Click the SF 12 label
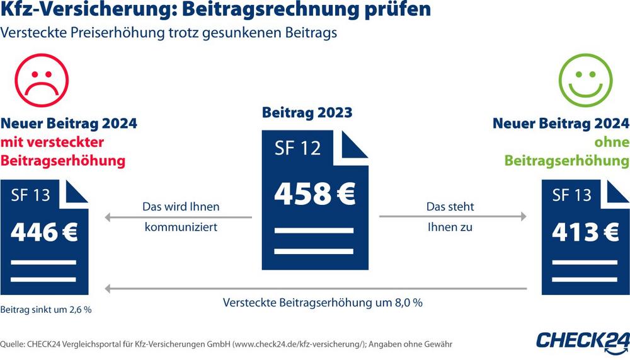click(297, 148)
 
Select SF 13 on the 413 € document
click(571, 195)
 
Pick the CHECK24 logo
click(583, 341)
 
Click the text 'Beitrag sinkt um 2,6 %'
click(47, 310)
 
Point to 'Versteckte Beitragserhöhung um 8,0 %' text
click(323, 302)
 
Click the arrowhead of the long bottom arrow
click(108, 289)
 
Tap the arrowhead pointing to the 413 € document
click(522, 216)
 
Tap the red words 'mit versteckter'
click(52, 142)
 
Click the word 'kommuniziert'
click(181, 227)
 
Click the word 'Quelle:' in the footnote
click(17, 344)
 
